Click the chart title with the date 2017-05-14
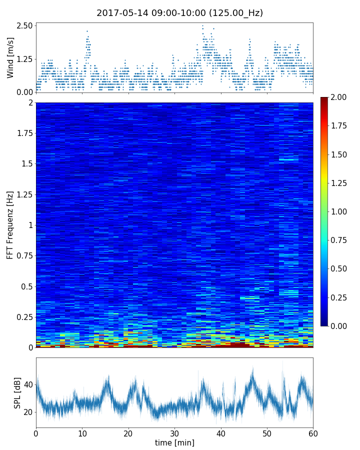point(179,13)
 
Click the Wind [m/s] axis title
point(10,57)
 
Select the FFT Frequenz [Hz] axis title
point(10,225)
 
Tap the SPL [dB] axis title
point(17,392)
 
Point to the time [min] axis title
point(174,442)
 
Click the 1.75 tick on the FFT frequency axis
point(23,133)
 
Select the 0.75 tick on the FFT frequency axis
point(23,256)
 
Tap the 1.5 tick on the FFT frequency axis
point(27,164)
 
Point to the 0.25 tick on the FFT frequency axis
point(23,317)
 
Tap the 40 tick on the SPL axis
point(28,384)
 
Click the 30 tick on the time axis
point(174,432)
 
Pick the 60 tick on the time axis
point(313,432)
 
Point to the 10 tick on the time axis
point(82,432)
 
